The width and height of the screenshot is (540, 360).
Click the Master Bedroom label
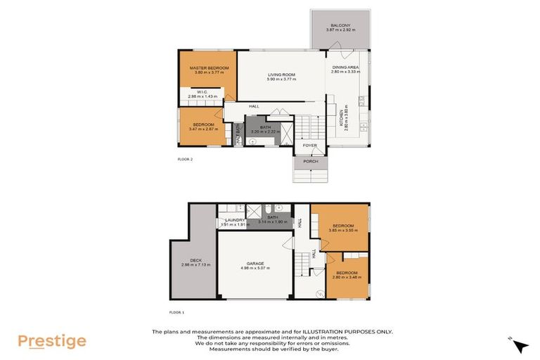(207, 67)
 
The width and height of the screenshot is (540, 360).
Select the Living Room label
(281, 75)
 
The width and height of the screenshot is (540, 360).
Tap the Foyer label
(310, 146)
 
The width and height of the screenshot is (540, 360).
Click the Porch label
(310, 162)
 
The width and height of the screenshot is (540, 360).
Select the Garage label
(255, 264)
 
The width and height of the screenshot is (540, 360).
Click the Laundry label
(233, 219)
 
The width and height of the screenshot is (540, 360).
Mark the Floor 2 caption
(185, 160)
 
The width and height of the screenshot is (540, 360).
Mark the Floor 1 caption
(176, 311)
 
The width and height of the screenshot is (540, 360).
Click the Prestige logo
(52, 341)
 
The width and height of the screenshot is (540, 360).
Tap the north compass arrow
(520, 345)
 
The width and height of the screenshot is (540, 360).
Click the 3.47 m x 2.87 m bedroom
(204, 126)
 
